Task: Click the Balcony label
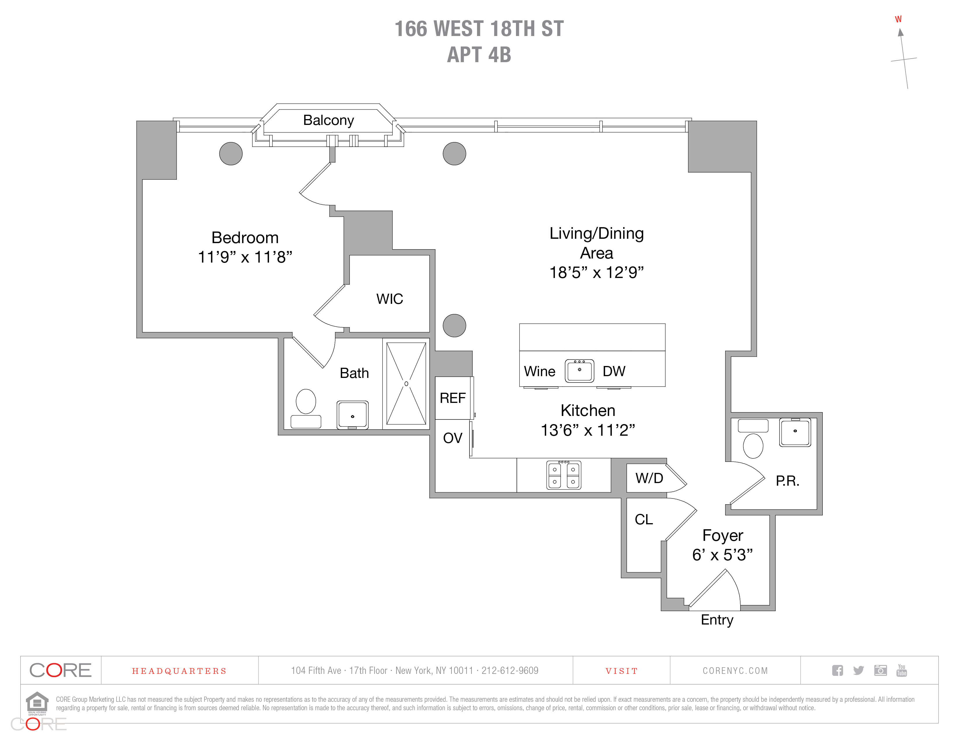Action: (x=329, y=120)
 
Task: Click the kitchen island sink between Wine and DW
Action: (x=579, y=371)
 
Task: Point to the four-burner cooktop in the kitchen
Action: (x=564, y=475)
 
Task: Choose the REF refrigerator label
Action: (x=453, y=398)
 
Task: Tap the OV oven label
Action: (x=453, y=438)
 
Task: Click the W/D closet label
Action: (x=649, y=478)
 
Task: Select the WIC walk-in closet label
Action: (x=390, y=299)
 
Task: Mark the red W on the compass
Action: (x=898, y=19)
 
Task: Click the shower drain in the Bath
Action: (x=406, y=384)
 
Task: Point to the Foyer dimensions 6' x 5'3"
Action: (x=722, y=555)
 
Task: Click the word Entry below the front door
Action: (x=717, y=620)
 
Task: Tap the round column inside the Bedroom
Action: (x=231, y=154)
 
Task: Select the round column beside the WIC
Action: (x=454, y=326)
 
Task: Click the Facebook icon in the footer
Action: (x=837, y=670)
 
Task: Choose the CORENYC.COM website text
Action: (x=735, y=671)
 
